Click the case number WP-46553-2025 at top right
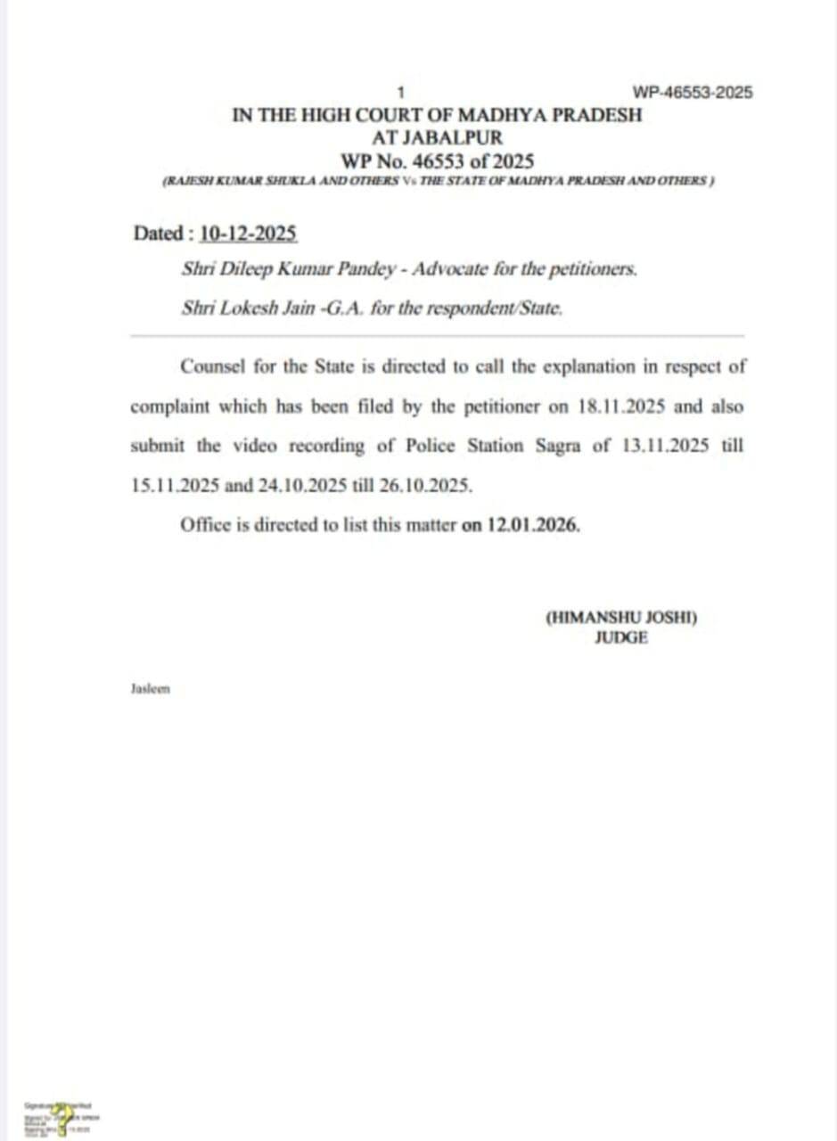click(693, 92)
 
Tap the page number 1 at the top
click(401, 92)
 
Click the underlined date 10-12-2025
click(249, 234)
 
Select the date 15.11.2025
click(169, 485)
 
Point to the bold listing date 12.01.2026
click(533, 524)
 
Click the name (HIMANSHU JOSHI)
click(620, 618)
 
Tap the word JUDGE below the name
click(621, 637)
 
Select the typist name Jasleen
click(150, 689)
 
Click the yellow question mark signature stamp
click(62, 1116)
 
